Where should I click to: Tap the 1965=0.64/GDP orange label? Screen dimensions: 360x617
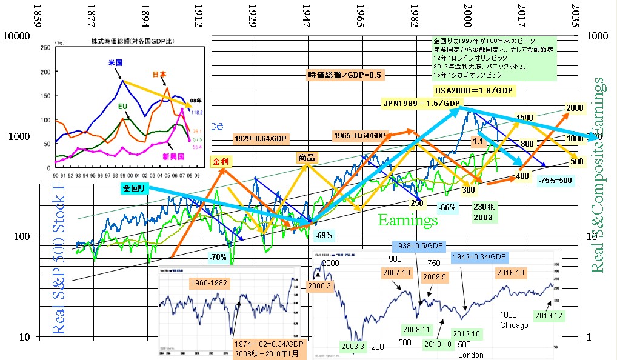coord(359,135)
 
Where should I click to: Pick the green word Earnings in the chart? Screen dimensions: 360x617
coord(408,219)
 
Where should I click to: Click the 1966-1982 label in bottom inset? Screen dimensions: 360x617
coord(209,282)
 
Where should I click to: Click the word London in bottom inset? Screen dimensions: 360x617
coord(471,355)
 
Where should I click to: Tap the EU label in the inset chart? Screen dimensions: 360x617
coord(122,107)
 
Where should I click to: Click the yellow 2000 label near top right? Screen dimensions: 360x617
coord(575,108)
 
